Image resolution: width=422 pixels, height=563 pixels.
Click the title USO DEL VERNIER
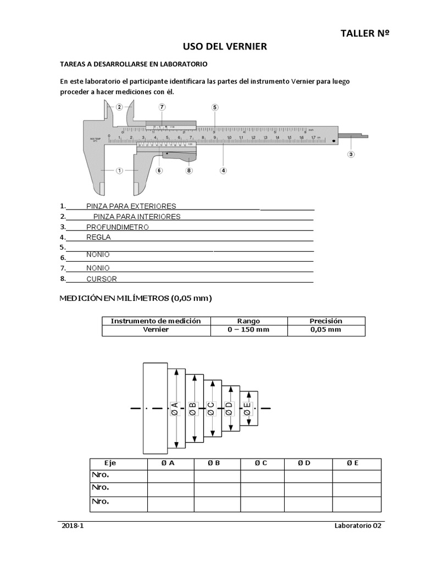(x=225, y=47)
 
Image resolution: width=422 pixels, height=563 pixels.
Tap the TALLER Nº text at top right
(x=365, y=34)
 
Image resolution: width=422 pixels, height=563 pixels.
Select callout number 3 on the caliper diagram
(x=351, y=154)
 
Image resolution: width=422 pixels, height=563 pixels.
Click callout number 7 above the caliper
(x=162, y=107)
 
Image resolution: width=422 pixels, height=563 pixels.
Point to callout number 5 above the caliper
(x=214, y=107)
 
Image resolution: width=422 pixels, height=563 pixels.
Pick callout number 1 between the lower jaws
(x=119, y=170)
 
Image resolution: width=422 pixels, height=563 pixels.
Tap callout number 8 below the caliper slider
(x=189, y=170)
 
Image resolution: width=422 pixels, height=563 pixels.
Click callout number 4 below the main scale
(x=223, y=170)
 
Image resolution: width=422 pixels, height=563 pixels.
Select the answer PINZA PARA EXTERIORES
(x=131, y=206)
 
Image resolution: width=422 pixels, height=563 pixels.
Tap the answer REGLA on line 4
(x=98, y=238)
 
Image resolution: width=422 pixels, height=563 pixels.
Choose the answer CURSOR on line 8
(x=102, y=279)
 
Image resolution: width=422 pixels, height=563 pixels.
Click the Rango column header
(x=248, y=321)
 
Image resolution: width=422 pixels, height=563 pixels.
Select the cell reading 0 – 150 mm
(x=248, y=330)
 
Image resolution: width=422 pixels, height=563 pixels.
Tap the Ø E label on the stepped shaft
(x=248, y=408)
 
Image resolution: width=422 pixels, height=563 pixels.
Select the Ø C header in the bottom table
(x=260, y=463)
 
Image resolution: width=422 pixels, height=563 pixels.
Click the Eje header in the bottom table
(x=110, y=463)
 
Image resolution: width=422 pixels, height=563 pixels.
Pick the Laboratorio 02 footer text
(x=357, y=526)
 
